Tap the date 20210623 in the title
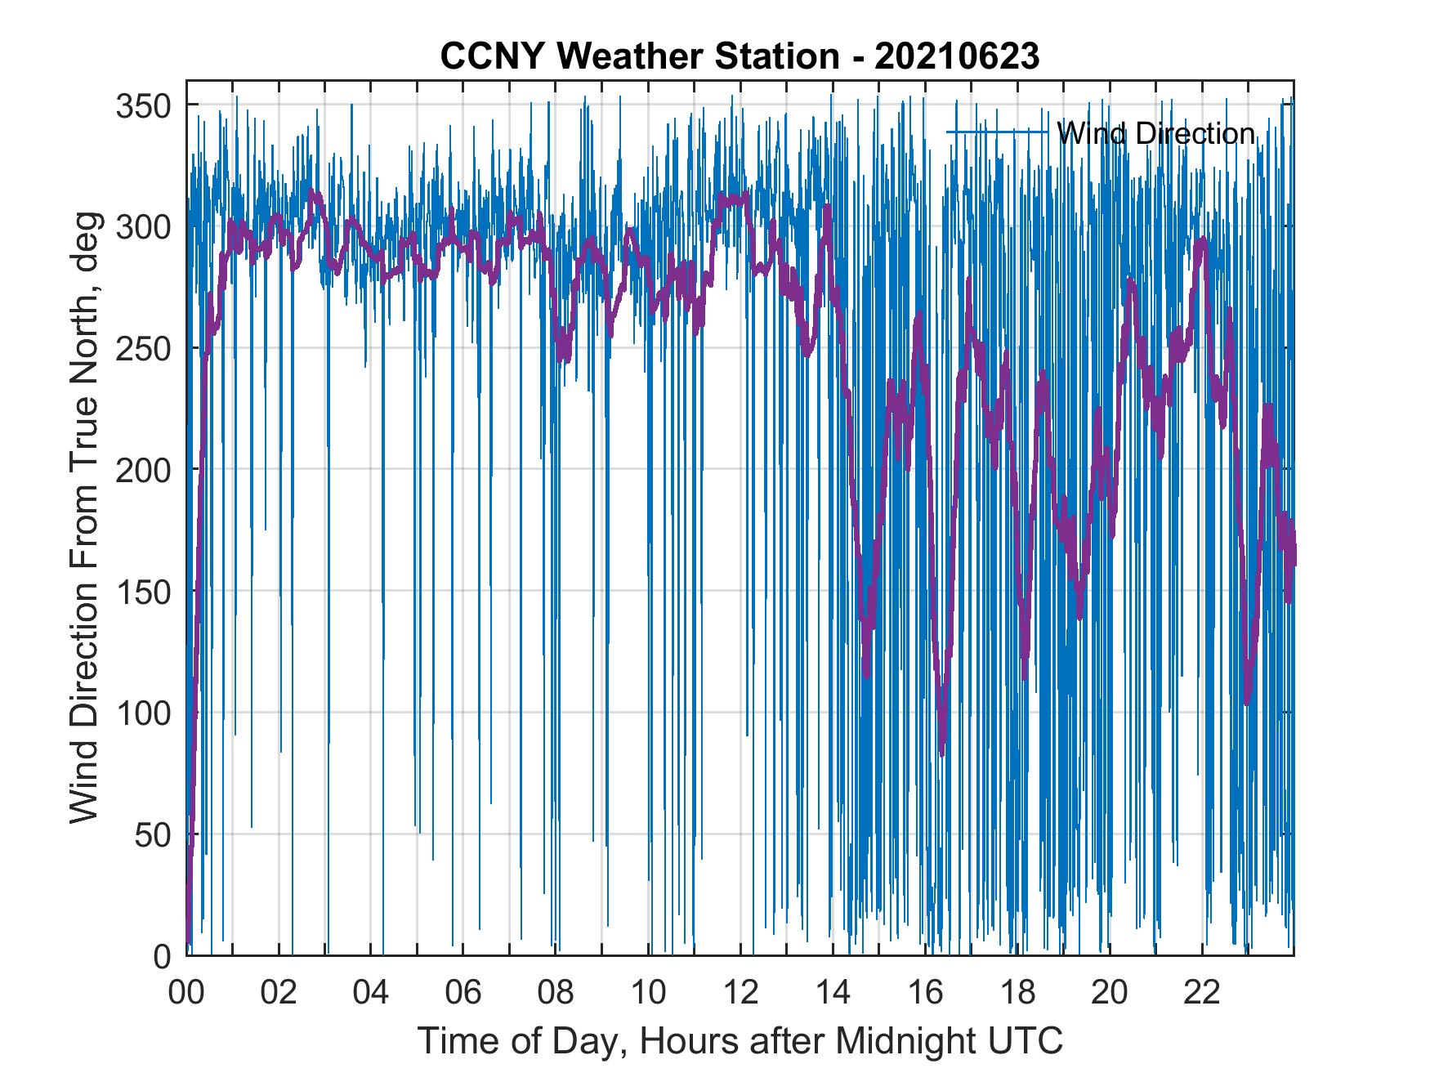(957, 56)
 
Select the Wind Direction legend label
(1155, 133)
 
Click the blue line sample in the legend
(997, 132)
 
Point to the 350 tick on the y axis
(145, 105)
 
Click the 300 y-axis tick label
(145, 227)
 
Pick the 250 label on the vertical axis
(145, 349)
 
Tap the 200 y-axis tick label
(145, 470)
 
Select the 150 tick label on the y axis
(145, 592)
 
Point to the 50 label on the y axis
(153, 834)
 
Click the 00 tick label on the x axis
(186, 993)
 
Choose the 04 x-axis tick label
(371, 993)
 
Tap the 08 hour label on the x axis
(556, 993)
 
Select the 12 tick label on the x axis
(741, 993)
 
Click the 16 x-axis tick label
(926, 993)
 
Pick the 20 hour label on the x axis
(1110, 993)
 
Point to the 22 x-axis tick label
(1203, 993)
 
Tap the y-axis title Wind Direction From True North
(84, 518)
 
